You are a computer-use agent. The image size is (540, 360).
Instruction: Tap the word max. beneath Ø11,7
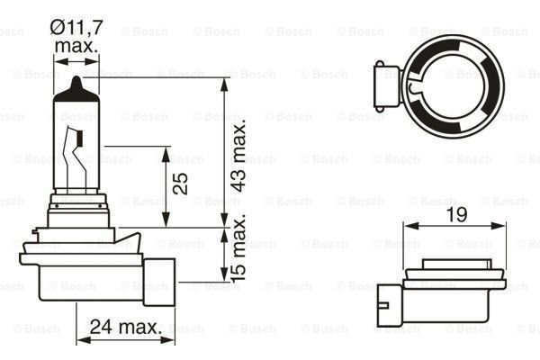(76, 46)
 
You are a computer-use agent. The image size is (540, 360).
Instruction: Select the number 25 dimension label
(180, 184)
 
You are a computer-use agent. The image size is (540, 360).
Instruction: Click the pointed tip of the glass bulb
(75, 81)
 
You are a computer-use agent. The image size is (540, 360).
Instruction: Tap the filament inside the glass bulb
(77, 144)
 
